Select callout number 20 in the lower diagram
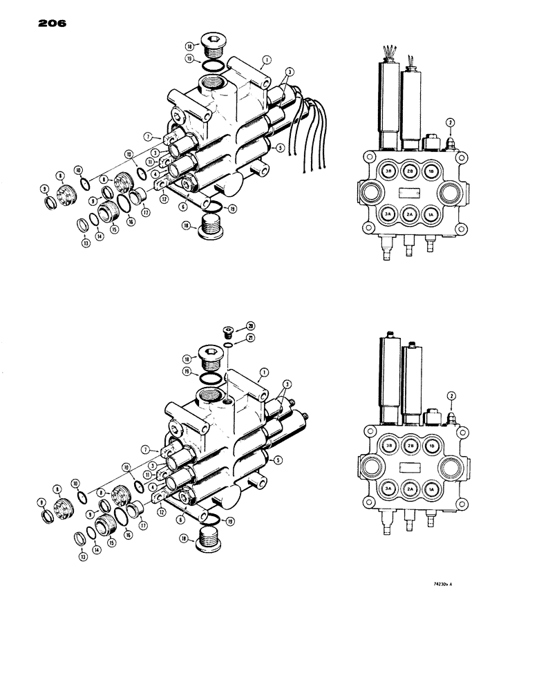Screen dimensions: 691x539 coord(249,325)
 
